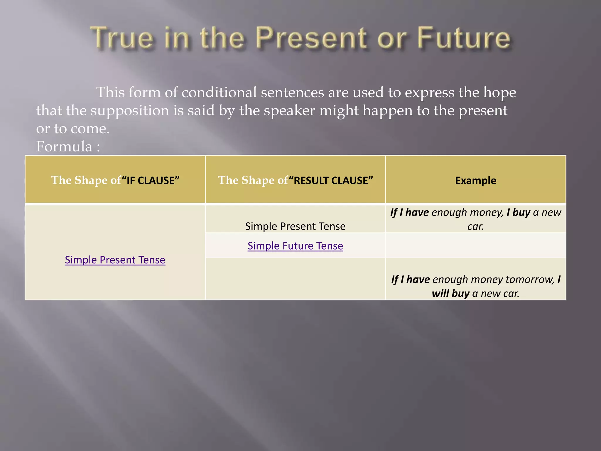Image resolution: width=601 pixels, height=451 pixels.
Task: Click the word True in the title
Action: [x=122, y=38]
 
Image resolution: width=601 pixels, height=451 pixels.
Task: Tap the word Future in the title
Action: [x=464, y=38]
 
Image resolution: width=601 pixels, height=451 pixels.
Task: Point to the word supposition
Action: [x=129, y=111]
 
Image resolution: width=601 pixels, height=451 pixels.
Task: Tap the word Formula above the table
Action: [x=64, y=146]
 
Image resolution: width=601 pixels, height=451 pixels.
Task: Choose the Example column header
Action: [x=475, y=180]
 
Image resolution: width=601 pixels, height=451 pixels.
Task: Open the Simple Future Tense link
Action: [x=295, y=246]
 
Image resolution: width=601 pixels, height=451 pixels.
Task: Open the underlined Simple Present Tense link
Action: [x=115, y=260]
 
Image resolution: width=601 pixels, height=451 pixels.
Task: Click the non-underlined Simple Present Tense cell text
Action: [x=295, y=226]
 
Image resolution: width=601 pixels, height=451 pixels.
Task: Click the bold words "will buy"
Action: [x=450, y=293]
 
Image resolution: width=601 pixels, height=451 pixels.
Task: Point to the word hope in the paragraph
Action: [x=499, y=92]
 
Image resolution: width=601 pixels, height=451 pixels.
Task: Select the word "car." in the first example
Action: [x=475, y=226]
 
